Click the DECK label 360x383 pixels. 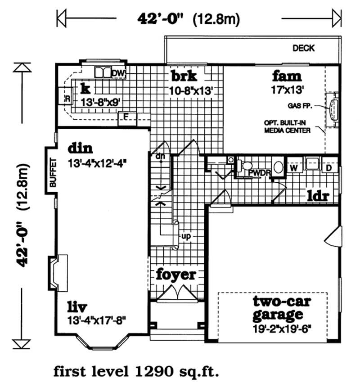[x=304, y=48]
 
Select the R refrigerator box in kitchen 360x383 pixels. [x=67, y=98]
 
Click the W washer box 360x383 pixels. [x=295, y=167]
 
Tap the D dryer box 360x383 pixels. [x=329, y=167]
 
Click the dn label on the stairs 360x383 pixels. [x=158, y=156]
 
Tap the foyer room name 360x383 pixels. [x=176, y=274]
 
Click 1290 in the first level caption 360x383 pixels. [x=151, y=371]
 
